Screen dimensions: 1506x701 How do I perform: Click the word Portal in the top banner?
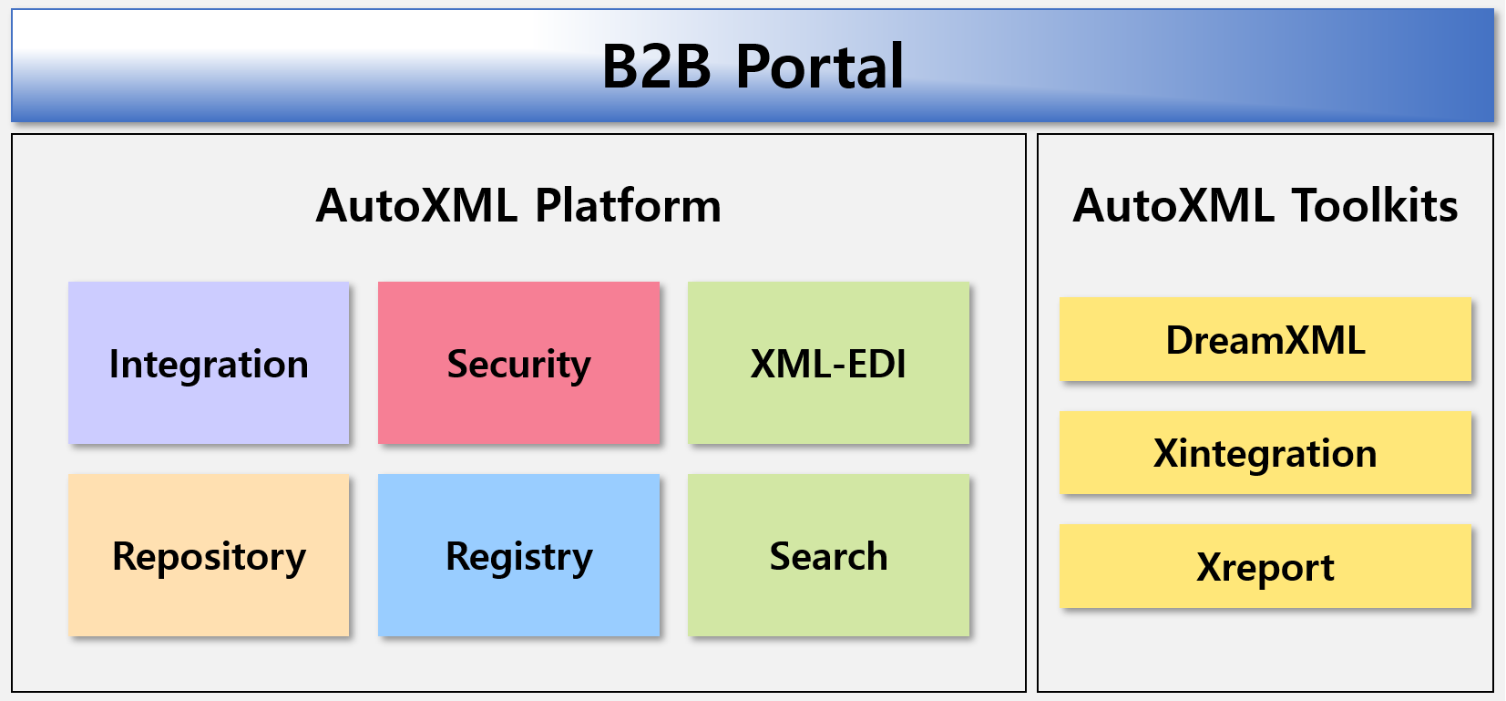[x=820, y=66]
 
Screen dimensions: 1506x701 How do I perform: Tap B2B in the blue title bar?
[x=656, y=66]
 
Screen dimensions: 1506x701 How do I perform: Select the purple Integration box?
[x=209, y=363]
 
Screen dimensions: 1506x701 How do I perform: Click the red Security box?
[x=518, y=363]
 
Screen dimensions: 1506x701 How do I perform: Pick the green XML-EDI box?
[x=828, y=363]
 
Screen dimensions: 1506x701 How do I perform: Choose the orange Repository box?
[x=209, y=555]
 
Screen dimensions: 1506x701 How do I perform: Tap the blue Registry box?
[x=518, y=555]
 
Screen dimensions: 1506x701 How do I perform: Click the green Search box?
[x=828, y=555]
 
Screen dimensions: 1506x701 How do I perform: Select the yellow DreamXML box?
[x=1265, y=339]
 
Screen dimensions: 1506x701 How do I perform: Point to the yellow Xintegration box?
[x=1265, y=453]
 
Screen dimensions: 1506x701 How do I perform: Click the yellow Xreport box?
[x=1265, y=566]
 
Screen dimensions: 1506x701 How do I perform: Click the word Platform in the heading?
[x=628, y=205]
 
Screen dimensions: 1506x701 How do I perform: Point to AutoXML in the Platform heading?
[x=417, y=205]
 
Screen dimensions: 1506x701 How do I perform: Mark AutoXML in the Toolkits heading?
[x=1173, y=205]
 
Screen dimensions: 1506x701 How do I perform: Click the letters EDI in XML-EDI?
[x=874, y=364]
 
